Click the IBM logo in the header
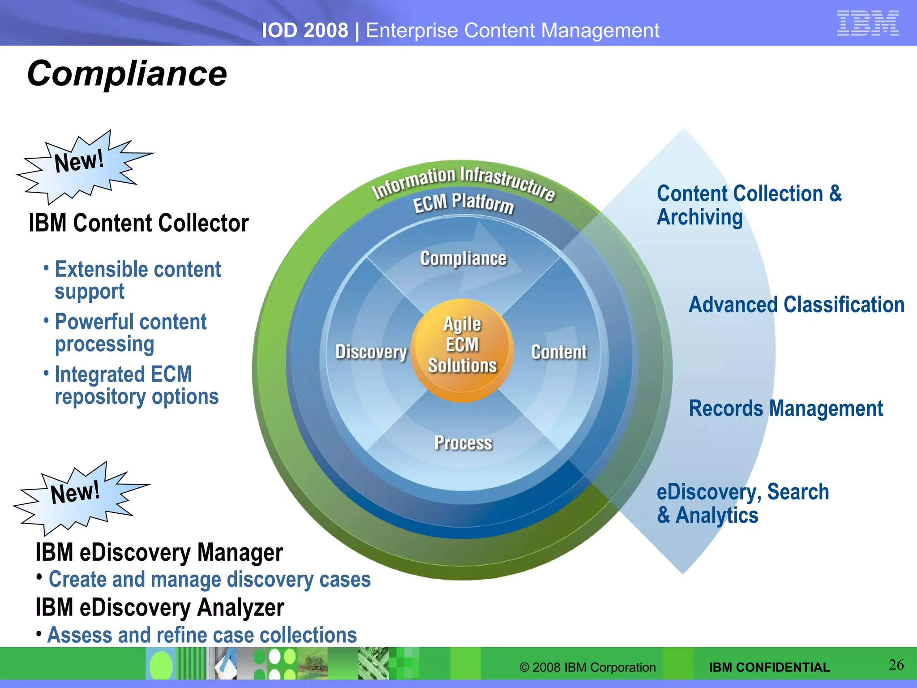867,23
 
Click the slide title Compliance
127,73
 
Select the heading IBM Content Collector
138,223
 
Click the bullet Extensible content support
137,280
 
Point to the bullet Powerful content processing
130,332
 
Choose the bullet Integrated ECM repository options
136,385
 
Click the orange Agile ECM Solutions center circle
462,349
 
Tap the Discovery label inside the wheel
371,352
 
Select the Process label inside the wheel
463,443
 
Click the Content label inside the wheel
559,352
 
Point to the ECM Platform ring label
463,202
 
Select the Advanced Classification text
796,305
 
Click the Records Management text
786,408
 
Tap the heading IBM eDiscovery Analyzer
159,608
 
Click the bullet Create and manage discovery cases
209,580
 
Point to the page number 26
896,665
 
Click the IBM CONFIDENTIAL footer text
769,667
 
